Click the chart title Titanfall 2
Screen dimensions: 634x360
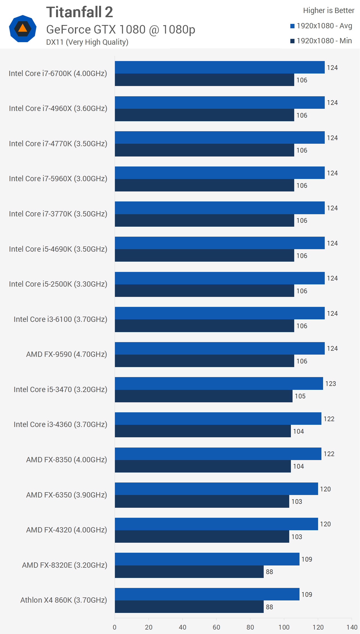tap(79, 12)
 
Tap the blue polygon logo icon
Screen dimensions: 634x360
tap(22, 29)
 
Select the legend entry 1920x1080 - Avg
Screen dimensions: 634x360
tap(321, 26)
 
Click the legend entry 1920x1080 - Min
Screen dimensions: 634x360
tap(321, 41)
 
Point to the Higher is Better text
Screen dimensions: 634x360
tap(328, 11)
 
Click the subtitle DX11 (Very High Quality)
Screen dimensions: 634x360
tap(87, 42)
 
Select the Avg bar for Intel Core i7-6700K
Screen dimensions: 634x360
tap(219, 67)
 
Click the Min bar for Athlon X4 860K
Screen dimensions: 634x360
tap(189, 607)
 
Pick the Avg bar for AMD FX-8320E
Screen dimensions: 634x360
tap(207, 559)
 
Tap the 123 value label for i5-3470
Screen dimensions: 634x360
tap(330, 384)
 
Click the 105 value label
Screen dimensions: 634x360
tap(300, 396)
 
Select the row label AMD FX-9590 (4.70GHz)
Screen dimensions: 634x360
tap(67, 354)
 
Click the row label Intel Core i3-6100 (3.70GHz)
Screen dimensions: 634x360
tap(61, 319)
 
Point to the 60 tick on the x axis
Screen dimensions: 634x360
tap(216, 627)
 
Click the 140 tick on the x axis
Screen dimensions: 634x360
tap(352, 627)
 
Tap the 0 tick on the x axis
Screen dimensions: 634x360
tap(115, 627)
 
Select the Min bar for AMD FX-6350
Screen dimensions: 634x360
tap(202, 501)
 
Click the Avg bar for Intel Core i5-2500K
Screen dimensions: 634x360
tap(219, 278)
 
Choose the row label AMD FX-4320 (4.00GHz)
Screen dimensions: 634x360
tap(67, 530)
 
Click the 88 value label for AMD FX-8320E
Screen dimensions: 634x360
tap(269, 572)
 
